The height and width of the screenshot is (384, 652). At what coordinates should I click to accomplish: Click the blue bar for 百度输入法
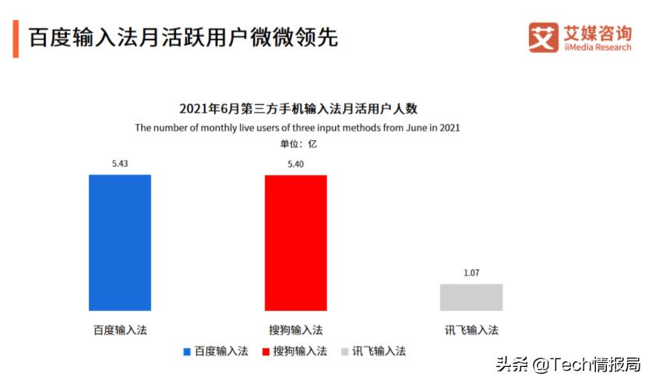(x=120, y=243)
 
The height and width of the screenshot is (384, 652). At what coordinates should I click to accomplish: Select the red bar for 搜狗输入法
(x=295, y=243)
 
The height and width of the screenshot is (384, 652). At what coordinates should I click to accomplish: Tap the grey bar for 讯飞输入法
(x=471, y=298)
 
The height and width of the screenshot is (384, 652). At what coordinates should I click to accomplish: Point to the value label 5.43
(x=120, y=164)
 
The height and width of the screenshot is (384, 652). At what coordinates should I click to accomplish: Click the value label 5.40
(x=295, y=164)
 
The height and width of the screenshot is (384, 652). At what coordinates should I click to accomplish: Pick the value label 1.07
(x=471, y=273)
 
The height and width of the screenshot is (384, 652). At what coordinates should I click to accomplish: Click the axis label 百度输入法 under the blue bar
(x=120, y=329)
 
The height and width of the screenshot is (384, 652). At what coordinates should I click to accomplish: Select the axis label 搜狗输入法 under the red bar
(x=295, y=329)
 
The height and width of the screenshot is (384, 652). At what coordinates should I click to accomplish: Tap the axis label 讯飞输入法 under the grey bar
(x=471, y=329)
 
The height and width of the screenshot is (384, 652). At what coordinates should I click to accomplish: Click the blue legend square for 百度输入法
(x=187, y=352)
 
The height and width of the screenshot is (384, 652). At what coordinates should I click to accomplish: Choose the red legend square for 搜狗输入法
(x=266, y=352)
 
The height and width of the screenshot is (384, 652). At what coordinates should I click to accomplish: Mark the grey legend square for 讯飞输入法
(x=345, y=352)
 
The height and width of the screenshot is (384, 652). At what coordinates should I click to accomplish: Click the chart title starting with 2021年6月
(x=298, y=109)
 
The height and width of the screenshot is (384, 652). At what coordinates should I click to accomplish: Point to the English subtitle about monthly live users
(x=298, y=127)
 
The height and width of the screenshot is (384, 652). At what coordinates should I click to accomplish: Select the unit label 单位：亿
(x=298, y=143)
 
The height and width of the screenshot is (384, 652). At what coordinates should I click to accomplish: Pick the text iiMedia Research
(x=597, y=48)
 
